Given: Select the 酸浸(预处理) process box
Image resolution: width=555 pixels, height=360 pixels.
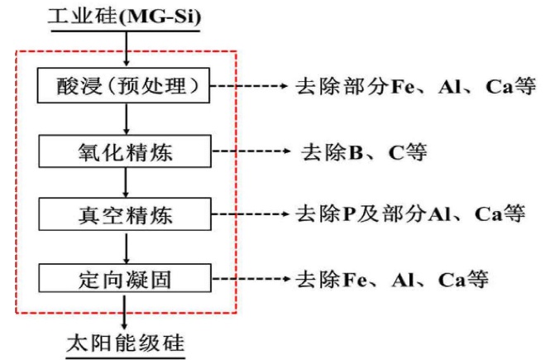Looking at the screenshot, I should (125, 86).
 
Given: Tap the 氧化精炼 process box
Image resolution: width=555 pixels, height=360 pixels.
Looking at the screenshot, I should (125, 153).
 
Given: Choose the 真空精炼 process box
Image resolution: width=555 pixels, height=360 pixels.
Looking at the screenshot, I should (125, 216).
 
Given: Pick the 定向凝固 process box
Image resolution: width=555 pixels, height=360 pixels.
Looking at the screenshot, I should (125, 278).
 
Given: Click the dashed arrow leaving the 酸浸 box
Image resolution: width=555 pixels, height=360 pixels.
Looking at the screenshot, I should (247, 86).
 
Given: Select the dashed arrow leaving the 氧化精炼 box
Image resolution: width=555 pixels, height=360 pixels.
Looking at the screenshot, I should (247, 153).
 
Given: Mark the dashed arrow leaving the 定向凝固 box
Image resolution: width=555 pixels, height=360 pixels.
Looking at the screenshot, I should (247, 279).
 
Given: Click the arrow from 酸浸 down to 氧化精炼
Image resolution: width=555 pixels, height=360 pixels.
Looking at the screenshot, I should (125, 119).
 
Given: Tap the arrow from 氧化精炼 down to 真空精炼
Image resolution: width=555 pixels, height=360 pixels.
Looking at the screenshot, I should (125, 185).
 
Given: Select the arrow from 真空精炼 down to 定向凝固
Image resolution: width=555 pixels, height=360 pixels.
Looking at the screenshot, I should (125, 247).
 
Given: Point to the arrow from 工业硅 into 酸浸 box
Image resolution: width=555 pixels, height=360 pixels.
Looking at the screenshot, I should (125, 51).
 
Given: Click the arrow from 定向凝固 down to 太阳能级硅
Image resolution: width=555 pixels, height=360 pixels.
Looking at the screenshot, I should (125, 310).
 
